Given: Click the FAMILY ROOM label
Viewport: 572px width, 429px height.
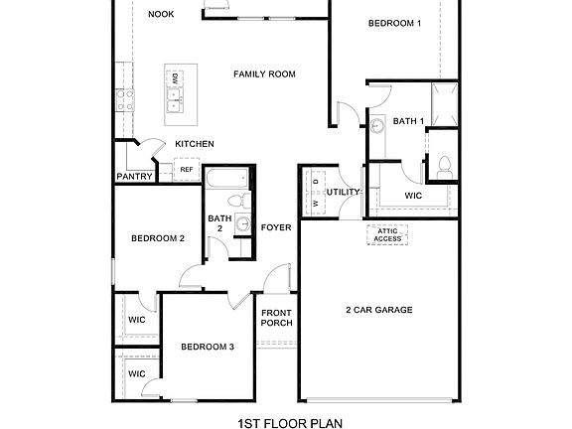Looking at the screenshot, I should (x=264, y=74).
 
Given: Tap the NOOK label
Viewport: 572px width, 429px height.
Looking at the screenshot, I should (x=161, y=14).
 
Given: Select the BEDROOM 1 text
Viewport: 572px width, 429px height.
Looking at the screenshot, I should (x=394, y=23).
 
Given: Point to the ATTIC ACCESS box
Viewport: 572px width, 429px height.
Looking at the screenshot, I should (x=387, y=234).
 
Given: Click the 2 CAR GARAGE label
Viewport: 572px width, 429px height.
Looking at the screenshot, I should (x=378, y=310).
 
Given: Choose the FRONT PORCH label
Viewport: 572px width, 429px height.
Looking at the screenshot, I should (x=276, y=318).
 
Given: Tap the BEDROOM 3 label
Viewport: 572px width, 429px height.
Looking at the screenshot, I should (x=208, y=347).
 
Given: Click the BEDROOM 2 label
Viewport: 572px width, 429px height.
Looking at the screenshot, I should (x=158, y=238).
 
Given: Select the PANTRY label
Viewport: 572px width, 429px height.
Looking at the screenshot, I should (x=134, y=177).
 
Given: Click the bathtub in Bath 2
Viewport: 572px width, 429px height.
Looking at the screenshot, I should (x=227, y=180).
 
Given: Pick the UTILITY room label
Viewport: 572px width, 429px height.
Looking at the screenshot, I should (x=343, y=192).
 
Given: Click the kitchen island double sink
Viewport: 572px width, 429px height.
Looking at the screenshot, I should (x=175, y=96).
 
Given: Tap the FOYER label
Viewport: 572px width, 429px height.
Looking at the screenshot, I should (x=276, y=227).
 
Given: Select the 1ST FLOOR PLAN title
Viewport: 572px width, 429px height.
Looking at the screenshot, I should (x=290, y=422).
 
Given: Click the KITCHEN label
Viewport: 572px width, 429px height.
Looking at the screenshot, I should (x=195, y=145).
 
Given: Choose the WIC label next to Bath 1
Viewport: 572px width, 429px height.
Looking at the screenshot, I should (x=413, y=196).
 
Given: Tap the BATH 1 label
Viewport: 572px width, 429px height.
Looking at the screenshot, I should (x=408, y=121).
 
